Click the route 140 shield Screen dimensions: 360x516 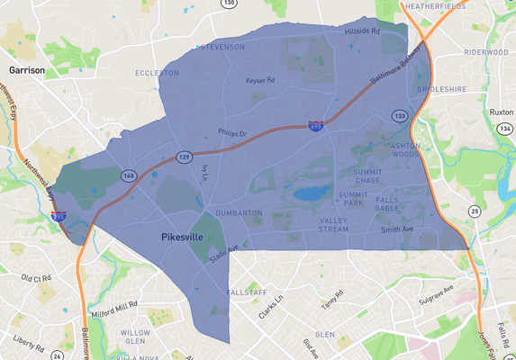click(130, 175)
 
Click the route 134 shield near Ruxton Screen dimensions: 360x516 click(504, 130)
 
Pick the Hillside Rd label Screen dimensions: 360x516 click(363, 31)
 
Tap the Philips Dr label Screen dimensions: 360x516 click(231, 134)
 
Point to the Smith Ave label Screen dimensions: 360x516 click(396, 229)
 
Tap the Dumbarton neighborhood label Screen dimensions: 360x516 click(239, 213)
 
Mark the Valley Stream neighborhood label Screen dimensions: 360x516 click(333, 224)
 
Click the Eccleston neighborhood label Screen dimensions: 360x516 click(151, 73)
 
